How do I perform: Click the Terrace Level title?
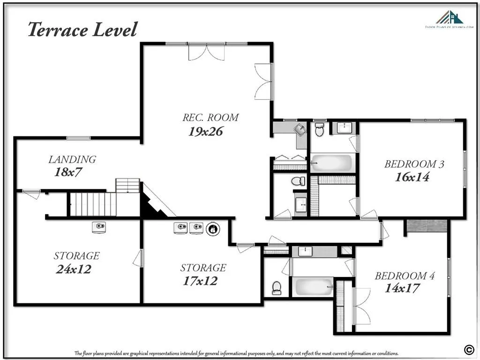82,30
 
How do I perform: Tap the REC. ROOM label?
210,117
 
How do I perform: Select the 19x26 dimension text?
205,132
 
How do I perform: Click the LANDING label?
72,159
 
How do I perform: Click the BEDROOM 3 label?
414,164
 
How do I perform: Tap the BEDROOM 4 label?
405,276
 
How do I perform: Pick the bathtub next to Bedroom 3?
331,163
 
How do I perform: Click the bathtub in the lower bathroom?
314,286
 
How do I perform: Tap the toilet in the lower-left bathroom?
277,287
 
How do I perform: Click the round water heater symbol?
212,229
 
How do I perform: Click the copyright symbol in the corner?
468,348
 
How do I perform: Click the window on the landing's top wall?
78,138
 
